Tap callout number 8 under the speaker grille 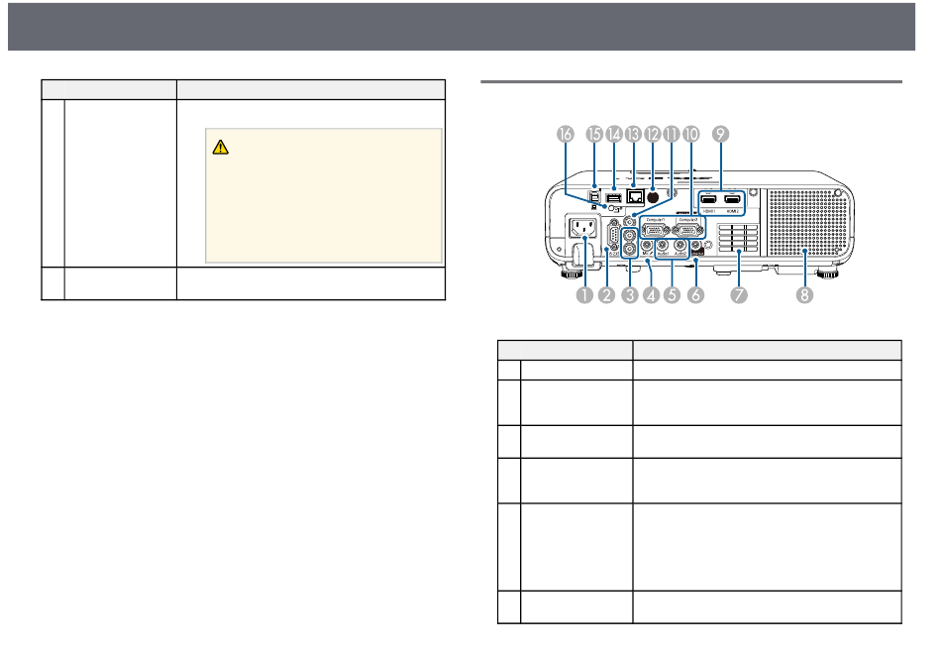pos(805,294)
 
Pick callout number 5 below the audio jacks pos(673,294)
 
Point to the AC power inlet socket pos(580,239)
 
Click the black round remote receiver pos(653,198)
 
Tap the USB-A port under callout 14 pos(613,199)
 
